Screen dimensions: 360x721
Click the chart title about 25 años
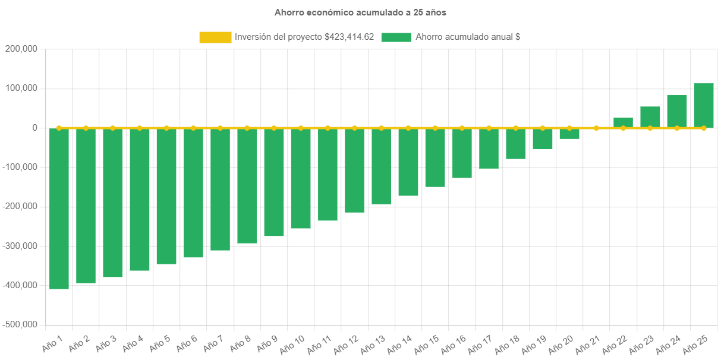(360, 12)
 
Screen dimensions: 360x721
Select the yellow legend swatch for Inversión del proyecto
(215, 37)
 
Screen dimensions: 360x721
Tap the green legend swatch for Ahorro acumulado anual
(396, 37)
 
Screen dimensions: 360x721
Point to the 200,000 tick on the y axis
(21, 49)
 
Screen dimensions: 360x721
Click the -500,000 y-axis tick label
(20, 325)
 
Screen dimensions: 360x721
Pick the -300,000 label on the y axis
(20, 246)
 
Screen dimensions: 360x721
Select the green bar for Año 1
(59, 208)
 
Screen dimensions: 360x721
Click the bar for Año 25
(704, 105)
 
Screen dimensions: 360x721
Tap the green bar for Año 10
(301, 178)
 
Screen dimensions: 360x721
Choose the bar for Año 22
(623, 122)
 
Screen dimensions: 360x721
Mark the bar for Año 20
(569, 134)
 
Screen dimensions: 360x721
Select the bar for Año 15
(435, 157)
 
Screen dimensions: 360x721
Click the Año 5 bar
(166, 196)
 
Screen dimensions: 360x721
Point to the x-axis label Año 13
(373, 343)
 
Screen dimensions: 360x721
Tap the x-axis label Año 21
(588, 343)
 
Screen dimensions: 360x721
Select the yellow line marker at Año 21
(596, 128)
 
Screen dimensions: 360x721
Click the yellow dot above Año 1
(59, 128)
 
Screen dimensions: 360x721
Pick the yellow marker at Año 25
(704, 128)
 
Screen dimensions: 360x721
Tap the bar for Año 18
(516, 143)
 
